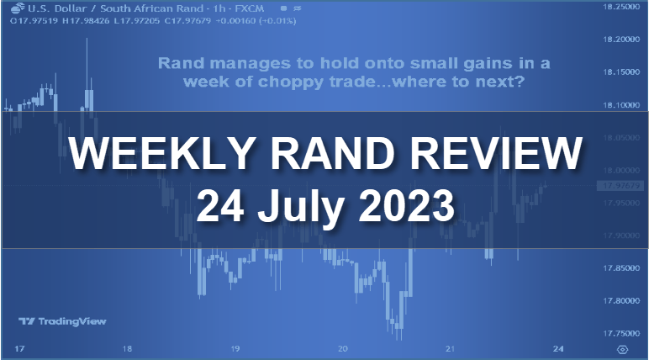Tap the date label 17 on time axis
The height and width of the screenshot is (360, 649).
tap(18, 348)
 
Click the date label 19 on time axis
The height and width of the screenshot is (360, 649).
tap(235, 348)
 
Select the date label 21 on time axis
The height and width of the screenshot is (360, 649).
tap(451, 348)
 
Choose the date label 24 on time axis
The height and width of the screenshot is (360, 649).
tap(559, 348)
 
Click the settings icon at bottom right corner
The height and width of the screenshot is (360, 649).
tap(622, 348)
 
